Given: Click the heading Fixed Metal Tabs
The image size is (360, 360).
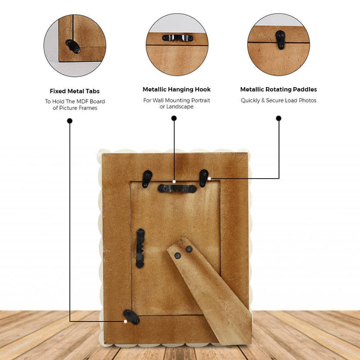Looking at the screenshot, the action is (74, 91).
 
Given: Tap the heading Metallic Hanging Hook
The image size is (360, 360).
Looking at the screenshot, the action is (176, 89).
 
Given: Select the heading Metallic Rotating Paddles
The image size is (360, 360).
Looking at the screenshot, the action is (278, 89).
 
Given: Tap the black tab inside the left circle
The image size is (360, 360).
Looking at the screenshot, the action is (73, 46).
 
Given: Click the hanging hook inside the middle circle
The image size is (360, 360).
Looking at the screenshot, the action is (178, 38).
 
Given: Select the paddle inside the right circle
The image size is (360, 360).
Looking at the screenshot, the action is (280, 40).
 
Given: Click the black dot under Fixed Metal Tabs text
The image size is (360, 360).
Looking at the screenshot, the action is (70, 121).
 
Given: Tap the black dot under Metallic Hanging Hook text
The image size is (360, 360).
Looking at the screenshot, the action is (174, 118).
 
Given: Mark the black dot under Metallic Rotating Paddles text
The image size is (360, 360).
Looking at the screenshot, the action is (278, 118).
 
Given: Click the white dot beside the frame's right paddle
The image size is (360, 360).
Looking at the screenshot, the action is (209, 178).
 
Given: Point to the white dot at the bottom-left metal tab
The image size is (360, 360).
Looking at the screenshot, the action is (125, 322).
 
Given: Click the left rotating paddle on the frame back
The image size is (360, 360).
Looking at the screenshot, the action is (147, 179).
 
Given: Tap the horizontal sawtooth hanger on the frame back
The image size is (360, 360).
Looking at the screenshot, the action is (177, 188).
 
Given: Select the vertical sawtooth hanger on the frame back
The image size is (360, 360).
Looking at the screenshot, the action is (140, 248).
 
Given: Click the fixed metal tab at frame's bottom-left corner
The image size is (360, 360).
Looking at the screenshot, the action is (131, 317).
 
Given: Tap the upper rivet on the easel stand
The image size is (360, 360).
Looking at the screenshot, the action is (189, 249).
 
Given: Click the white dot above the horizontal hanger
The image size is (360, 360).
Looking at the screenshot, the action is (174, 182).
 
